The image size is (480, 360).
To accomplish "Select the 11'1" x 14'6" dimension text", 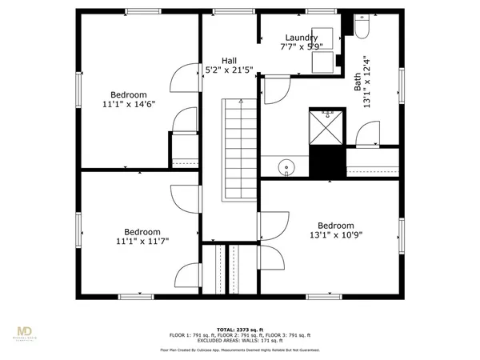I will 127,103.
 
